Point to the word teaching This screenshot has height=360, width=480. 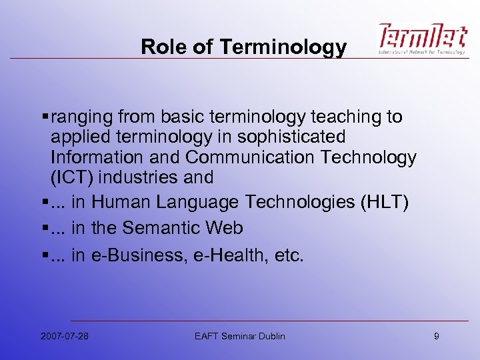click(x=343, y=117)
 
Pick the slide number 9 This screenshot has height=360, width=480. click(x=436, y=336)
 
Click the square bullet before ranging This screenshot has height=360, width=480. click(x=44, y=118)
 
